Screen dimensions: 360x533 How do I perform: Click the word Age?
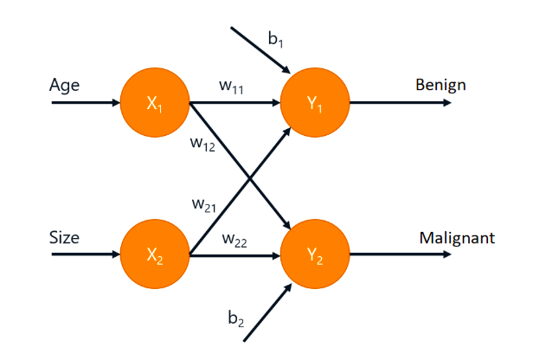[x=65, y=86]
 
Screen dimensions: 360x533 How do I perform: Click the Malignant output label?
[x=457, y=237]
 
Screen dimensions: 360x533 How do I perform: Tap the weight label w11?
[x=233, y=86]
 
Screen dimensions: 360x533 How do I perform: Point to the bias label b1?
[x=274, y=39]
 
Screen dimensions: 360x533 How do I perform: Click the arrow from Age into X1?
[x=87, y=102]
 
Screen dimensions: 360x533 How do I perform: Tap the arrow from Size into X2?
[x=87, y=255]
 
